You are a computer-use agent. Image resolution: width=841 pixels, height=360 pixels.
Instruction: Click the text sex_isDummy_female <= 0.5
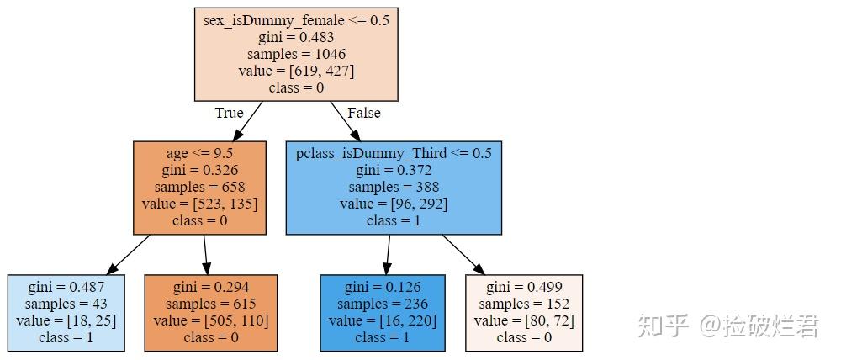point(296,20)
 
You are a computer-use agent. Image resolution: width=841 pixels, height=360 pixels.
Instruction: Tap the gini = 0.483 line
point(296,37)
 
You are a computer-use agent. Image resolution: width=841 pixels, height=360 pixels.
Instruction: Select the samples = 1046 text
point(296,54)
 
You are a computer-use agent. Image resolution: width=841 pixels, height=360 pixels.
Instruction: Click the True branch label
point(229,113)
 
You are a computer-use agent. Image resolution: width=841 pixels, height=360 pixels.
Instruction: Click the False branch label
point(363,113)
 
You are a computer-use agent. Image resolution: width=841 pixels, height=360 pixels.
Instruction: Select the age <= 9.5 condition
point(199,153)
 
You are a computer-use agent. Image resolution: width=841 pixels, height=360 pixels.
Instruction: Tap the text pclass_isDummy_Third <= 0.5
point(394,153)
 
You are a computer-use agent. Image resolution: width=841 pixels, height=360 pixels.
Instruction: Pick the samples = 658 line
point(199,187)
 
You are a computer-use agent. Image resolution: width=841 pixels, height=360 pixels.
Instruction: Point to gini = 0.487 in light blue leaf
point(66,287)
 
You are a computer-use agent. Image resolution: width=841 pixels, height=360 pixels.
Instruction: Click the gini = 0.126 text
point(383,287)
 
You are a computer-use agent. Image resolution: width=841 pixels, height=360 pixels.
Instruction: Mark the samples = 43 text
point(66,304)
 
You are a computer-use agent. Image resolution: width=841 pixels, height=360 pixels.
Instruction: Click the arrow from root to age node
point(247,121)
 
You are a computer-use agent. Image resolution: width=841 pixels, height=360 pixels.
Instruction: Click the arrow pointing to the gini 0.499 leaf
point(463,254)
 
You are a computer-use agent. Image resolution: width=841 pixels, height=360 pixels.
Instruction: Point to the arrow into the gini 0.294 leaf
point(206,254)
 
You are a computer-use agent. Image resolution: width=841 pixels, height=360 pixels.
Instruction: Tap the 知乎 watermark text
point(664,326)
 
